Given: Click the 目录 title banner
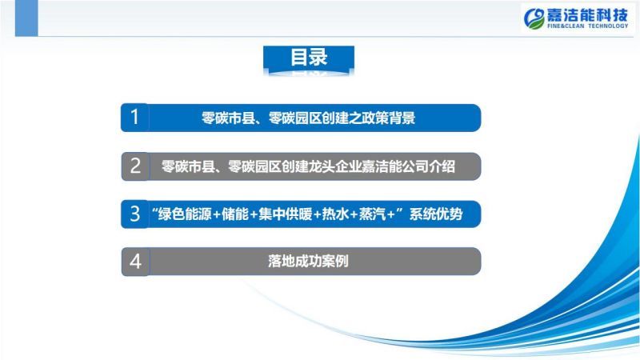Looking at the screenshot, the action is pos(309,60).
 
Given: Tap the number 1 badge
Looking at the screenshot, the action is pos(134,118).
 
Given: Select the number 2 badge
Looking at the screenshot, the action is pos(135,166).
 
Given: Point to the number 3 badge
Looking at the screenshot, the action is pos(134,214).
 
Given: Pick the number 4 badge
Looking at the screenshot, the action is pos(135,262).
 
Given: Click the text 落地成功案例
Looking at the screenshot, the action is pos(308,262).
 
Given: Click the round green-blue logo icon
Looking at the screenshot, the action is pos(534,18).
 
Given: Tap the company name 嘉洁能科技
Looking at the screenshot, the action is pos(587,15).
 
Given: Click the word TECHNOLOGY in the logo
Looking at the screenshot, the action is pos(608,26).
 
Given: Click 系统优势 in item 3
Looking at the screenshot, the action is pos(436,214).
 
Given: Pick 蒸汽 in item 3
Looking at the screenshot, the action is pos(372,214).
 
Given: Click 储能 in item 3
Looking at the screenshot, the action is pos(235,214).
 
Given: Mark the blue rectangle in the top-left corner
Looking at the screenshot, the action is pos(26,18).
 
